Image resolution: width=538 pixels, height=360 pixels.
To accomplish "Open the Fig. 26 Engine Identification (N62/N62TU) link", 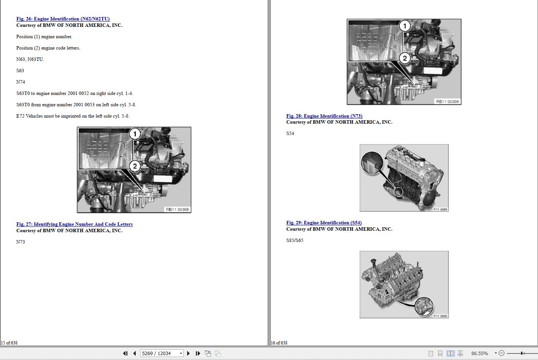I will (x=63, y=19).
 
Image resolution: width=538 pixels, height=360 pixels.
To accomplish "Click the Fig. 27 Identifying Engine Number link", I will (x=74, y=224).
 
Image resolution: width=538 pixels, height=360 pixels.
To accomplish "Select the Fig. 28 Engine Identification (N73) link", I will (x=324, y=116).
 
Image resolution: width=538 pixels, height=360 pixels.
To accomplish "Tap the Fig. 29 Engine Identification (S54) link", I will (x=324, y=223).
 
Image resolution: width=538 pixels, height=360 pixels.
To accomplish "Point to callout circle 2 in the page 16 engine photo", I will (x=405, y=58).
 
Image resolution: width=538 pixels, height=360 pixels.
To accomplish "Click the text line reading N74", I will (x=21, y=82).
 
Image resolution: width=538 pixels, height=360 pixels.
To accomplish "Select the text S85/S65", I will (x=295, y=241).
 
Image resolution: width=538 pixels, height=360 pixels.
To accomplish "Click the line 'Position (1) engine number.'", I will (x=44, y=37).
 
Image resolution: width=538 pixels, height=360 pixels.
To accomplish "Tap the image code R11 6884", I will (x=440, y=209).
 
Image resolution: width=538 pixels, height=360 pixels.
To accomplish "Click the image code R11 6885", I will (x=440, y=316).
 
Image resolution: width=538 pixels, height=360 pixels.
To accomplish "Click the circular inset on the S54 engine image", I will (x=372, y=163).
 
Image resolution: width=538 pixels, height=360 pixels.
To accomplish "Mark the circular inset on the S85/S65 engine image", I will (x=424, y=306).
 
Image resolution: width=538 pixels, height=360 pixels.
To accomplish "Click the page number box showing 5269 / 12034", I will (x=159, y=353).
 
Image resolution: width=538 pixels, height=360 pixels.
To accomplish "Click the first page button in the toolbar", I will (x=125, y=353).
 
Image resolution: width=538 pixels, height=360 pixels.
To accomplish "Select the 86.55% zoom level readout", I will (x=479, y=353).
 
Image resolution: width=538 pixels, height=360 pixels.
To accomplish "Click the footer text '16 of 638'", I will (x=279, y=343).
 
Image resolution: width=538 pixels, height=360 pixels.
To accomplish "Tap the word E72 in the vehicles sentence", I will (x=20, y=116).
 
